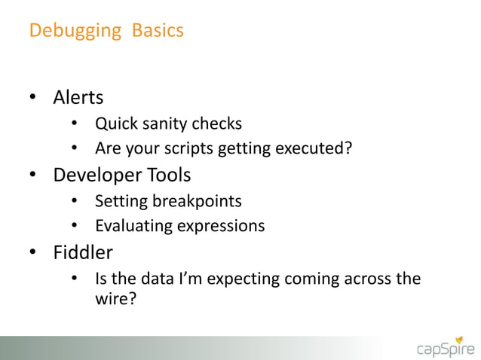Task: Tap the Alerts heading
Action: pyautogui.click(x=78, y=98)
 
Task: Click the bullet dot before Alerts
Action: pyautogui.click(x=33, y=99)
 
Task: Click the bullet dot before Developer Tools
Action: pyautogui.click(x=33, y=176)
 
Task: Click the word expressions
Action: pyautogui.click(x=222, y=226)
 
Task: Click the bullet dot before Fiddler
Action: pyautogui.click(x=33, y=254)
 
